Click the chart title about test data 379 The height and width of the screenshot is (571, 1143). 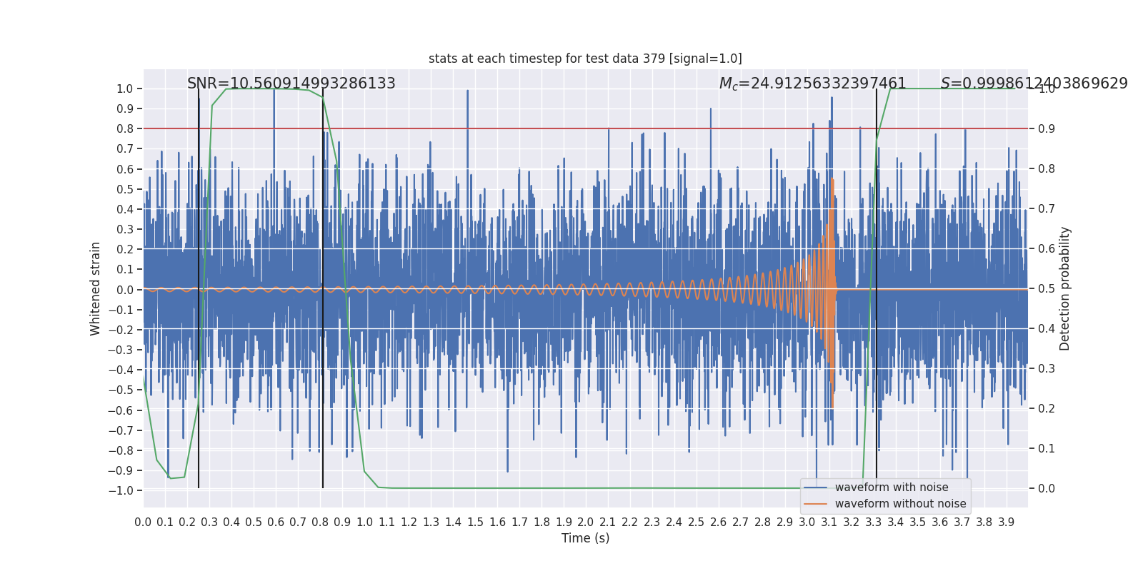point(585,59)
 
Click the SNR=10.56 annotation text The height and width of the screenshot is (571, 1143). point(291,84)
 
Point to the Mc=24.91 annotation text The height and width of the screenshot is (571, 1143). point(812,84)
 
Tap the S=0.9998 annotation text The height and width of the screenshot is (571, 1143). point(1034,84)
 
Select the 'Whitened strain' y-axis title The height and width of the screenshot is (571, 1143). point(96,288)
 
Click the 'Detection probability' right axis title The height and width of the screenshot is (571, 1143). point(1065,288)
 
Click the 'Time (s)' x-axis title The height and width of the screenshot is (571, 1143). point(585,538)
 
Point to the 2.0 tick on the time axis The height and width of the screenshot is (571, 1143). point(586,522)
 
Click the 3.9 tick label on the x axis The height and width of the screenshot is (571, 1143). point(1006,522)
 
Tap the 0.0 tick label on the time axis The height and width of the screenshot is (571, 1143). point(143,522)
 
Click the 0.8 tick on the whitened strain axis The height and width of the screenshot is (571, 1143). point(124,128)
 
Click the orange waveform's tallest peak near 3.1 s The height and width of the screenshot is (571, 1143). point(832,180)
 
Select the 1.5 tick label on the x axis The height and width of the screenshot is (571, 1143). point(475,522)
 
